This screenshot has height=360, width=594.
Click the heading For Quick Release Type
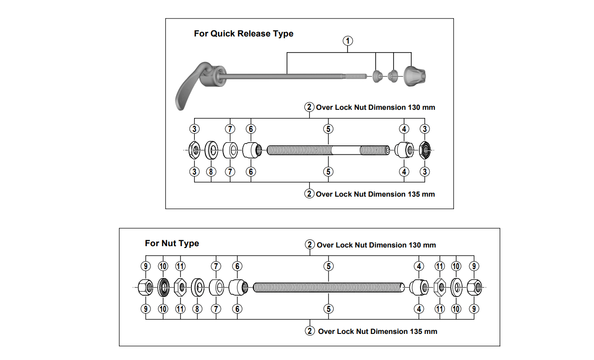[x=244, y=34]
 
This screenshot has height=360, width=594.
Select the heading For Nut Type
[x=172, y=243]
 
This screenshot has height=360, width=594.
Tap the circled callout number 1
[x=348, y=40]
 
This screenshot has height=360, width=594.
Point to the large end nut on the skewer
[x=415, y=75]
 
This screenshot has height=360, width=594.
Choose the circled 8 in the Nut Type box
[x=197, y=309]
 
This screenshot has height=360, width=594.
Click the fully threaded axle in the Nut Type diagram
[x=329, y=287]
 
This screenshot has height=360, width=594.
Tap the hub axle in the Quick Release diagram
[x=328, y=150]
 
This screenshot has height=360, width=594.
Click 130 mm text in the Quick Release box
[x=421, y=108]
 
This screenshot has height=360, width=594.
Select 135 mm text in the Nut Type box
[x=422, y=331]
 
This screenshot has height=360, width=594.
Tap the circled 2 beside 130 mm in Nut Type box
[x=310, y=245]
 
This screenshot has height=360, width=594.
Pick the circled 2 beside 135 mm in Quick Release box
[x=309, y=194]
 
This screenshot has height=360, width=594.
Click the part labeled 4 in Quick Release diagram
[x=404, y=150]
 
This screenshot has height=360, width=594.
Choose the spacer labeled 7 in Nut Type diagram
[x=217, y=287]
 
